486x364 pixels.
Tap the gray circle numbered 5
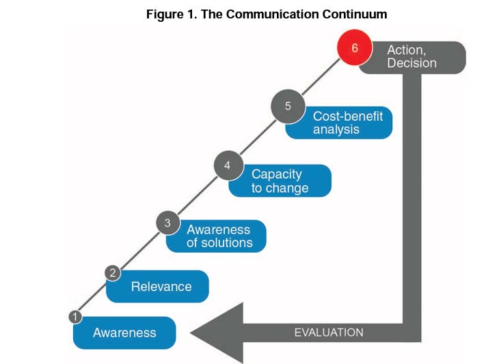[x=288, y=107]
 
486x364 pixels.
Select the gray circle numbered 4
[x=227, y=165]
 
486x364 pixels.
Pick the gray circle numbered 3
[x=167, y=222]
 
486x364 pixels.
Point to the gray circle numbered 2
[x=113, y=274]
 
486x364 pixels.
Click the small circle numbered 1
[x=75, y=316]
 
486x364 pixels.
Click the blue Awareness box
[x=124, y=333]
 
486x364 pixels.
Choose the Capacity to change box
[x=280, y=181]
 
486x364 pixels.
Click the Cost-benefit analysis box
[x=342, y=123]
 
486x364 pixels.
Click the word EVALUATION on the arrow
[x=329, y=333]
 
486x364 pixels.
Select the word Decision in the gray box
[x=411, y=64]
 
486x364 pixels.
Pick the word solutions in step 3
[x=227, y=243]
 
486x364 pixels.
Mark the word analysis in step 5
[x=336, y=130]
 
